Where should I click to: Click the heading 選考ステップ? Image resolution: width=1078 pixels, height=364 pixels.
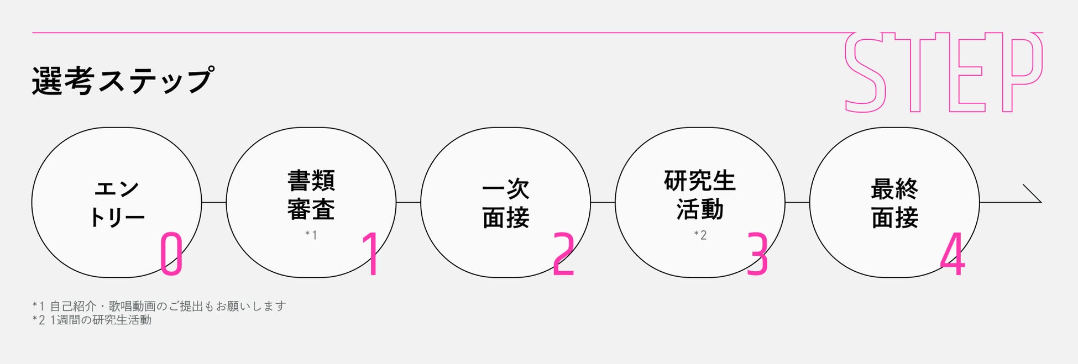pyautogui.click(x=122, y=81)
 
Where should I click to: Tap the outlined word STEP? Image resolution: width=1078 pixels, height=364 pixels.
pyautogui.click(x=943, y=72)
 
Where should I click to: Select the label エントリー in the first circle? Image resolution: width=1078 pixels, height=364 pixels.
pyautogui.click(x=117, y=203)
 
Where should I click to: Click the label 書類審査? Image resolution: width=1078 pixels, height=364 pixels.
pyautogui.click(x=311, y=195)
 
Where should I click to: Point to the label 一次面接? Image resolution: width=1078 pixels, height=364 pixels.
pyautogui.click(x=505, y=203)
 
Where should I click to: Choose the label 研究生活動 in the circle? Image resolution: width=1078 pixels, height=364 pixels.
pyautogui.click(x=700, y=195)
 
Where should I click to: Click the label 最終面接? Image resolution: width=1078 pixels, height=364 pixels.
pyautogui.click(x=894, y=203)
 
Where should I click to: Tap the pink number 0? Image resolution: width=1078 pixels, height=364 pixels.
pyautogui.click(x=171, y=254)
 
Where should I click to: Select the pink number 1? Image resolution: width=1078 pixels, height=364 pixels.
pyautogui.click(x=371, y=254)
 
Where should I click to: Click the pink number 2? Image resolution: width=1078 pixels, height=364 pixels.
pyautogui.click(x=563, y=254)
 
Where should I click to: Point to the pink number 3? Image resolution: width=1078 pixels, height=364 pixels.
pyautogui.click(x=757, y=254)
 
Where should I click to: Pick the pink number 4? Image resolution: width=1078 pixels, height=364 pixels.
pyautogui.click(x=953, y=254)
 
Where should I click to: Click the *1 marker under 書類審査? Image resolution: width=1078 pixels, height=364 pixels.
pyautogui.click(x=311, y=235)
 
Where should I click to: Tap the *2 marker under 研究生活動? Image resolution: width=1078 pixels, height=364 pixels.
pyautogui.click(x=700, y=235)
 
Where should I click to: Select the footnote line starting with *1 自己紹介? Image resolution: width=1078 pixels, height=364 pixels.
pyautogui.click(x=159, y=306)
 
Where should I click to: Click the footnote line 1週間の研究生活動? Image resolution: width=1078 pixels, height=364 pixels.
pyautogui.click(x=92, y=320)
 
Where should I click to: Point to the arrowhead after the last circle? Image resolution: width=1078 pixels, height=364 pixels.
pyautogui.click(x=1033, y=194)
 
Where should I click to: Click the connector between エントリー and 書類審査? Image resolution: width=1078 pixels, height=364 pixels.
pyautogui.click(x=214, y=202)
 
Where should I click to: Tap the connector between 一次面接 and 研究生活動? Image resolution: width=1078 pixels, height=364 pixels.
pyautogui.click(x=603, y=202)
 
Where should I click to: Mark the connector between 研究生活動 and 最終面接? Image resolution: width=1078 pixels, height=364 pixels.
pyautogui.click(x=797, y=202)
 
